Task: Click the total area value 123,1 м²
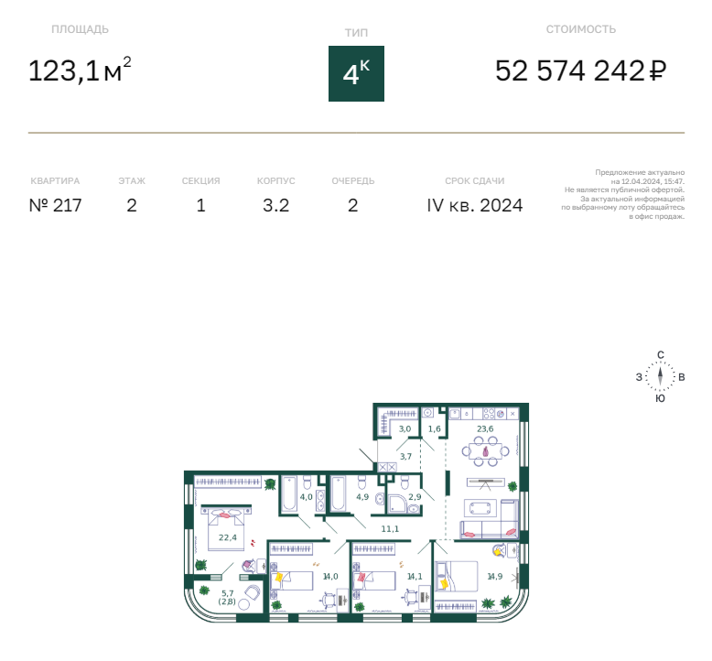[80, 70]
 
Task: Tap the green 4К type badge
[356, 73]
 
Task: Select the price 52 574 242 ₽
[581, 70]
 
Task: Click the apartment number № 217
[56, 205]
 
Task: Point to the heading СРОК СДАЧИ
[475, 180]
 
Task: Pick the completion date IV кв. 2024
[475, 205]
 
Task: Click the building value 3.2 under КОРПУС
[276, 205]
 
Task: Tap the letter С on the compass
[661, 355]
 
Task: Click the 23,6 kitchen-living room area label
[485, 428]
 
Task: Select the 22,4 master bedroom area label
[228, 537]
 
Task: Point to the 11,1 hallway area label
[390, 529]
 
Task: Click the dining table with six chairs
[485, 451]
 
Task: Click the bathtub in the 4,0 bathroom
[289, 494]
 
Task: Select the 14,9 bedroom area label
[495, 577]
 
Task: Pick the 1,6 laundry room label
[435, 428]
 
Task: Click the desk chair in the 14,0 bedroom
[329, 600]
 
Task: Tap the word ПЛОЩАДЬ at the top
[80, 29]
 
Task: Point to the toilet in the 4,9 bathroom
[361, 482]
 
